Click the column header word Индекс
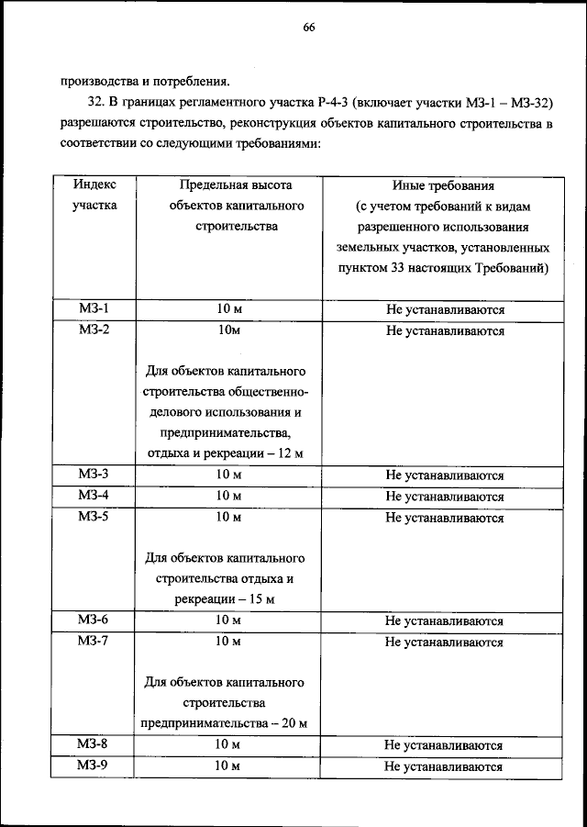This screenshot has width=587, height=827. coord(94,184)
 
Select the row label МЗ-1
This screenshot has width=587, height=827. coord(94,309)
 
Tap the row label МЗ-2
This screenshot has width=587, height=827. coord(94,330)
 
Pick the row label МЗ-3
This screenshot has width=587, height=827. coord(94,475)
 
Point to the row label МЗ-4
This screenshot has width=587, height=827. coord(94,496)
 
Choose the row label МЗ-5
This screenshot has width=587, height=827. coord(94,517)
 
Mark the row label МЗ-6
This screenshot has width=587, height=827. coord(94,620)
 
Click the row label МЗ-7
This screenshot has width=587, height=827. coord(94,642)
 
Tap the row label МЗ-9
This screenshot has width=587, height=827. coord(94,766)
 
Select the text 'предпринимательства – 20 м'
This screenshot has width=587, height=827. coord(223,724)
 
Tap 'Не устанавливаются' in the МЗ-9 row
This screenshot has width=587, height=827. coord(444,766)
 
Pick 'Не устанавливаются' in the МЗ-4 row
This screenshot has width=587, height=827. coord(444,497)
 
